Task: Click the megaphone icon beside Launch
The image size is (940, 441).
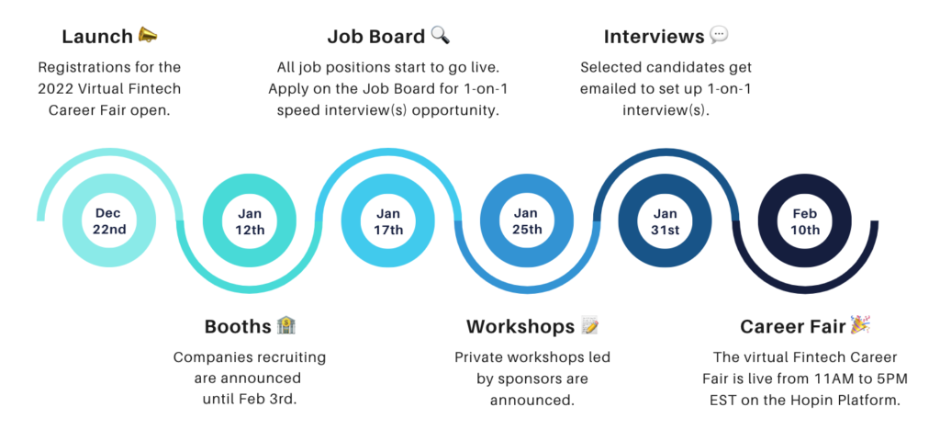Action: [x=148, y=36]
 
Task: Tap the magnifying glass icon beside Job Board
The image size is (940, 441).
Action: [x=440, y=36]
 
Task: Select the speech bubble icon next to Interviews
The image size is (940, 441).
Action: [x=719, y=36]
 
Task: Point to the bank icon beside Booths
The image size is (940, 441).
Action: [x=286, y=325]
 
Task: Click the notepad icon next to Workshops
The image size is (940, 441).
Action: [x=590, y=325]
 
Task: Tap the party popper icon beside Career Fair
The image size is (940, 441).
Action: [x=860, y=324]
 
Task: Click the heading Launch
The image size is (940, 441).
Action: [x=97, y=37]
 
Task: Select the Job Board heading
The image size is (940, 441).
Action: [x=376, y=37]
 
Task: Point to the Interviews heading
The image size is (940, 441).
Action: [x=654, y=37]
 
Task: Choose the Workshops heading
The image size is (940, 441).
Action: [x=520, y=326]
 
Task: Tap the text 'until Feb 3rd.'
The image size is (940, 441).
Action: [x=250, y=399]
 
